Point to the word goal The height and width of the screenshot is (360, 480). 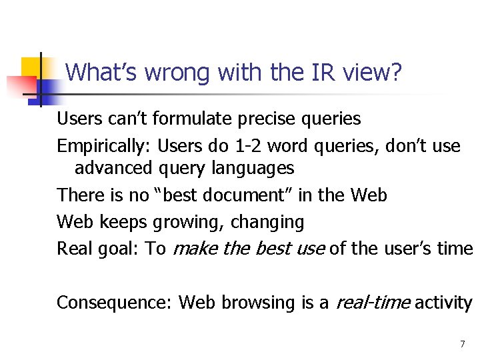[x=120, y=249]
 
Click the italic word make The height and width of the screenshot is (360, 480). [x=193, y=249]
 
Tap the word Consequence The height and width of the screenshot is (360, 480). [x=115, y=303]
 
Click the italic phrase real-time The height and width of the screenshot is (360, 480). [x=372, y=303]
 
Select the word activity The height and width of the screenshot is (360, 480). [x=443, y=303]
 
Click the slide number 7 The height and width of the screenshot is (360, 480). [x=462, y=344]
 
